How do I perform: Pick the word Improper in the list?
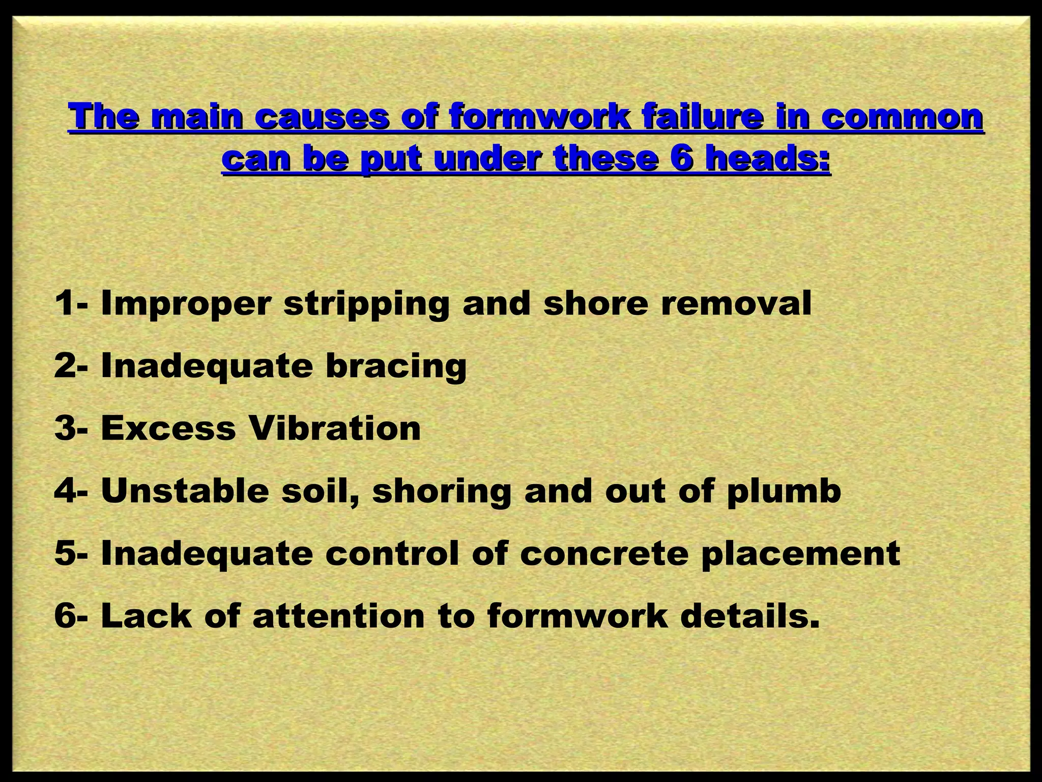point(185,304)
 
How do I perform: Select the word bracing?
point(396,367)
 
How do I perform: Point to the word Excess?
point(168,429)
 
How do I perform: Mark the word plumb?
point(784,492)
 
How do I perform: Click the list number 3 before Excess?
point(65,429)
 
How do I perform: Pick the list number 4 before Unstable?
point(65,491)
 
